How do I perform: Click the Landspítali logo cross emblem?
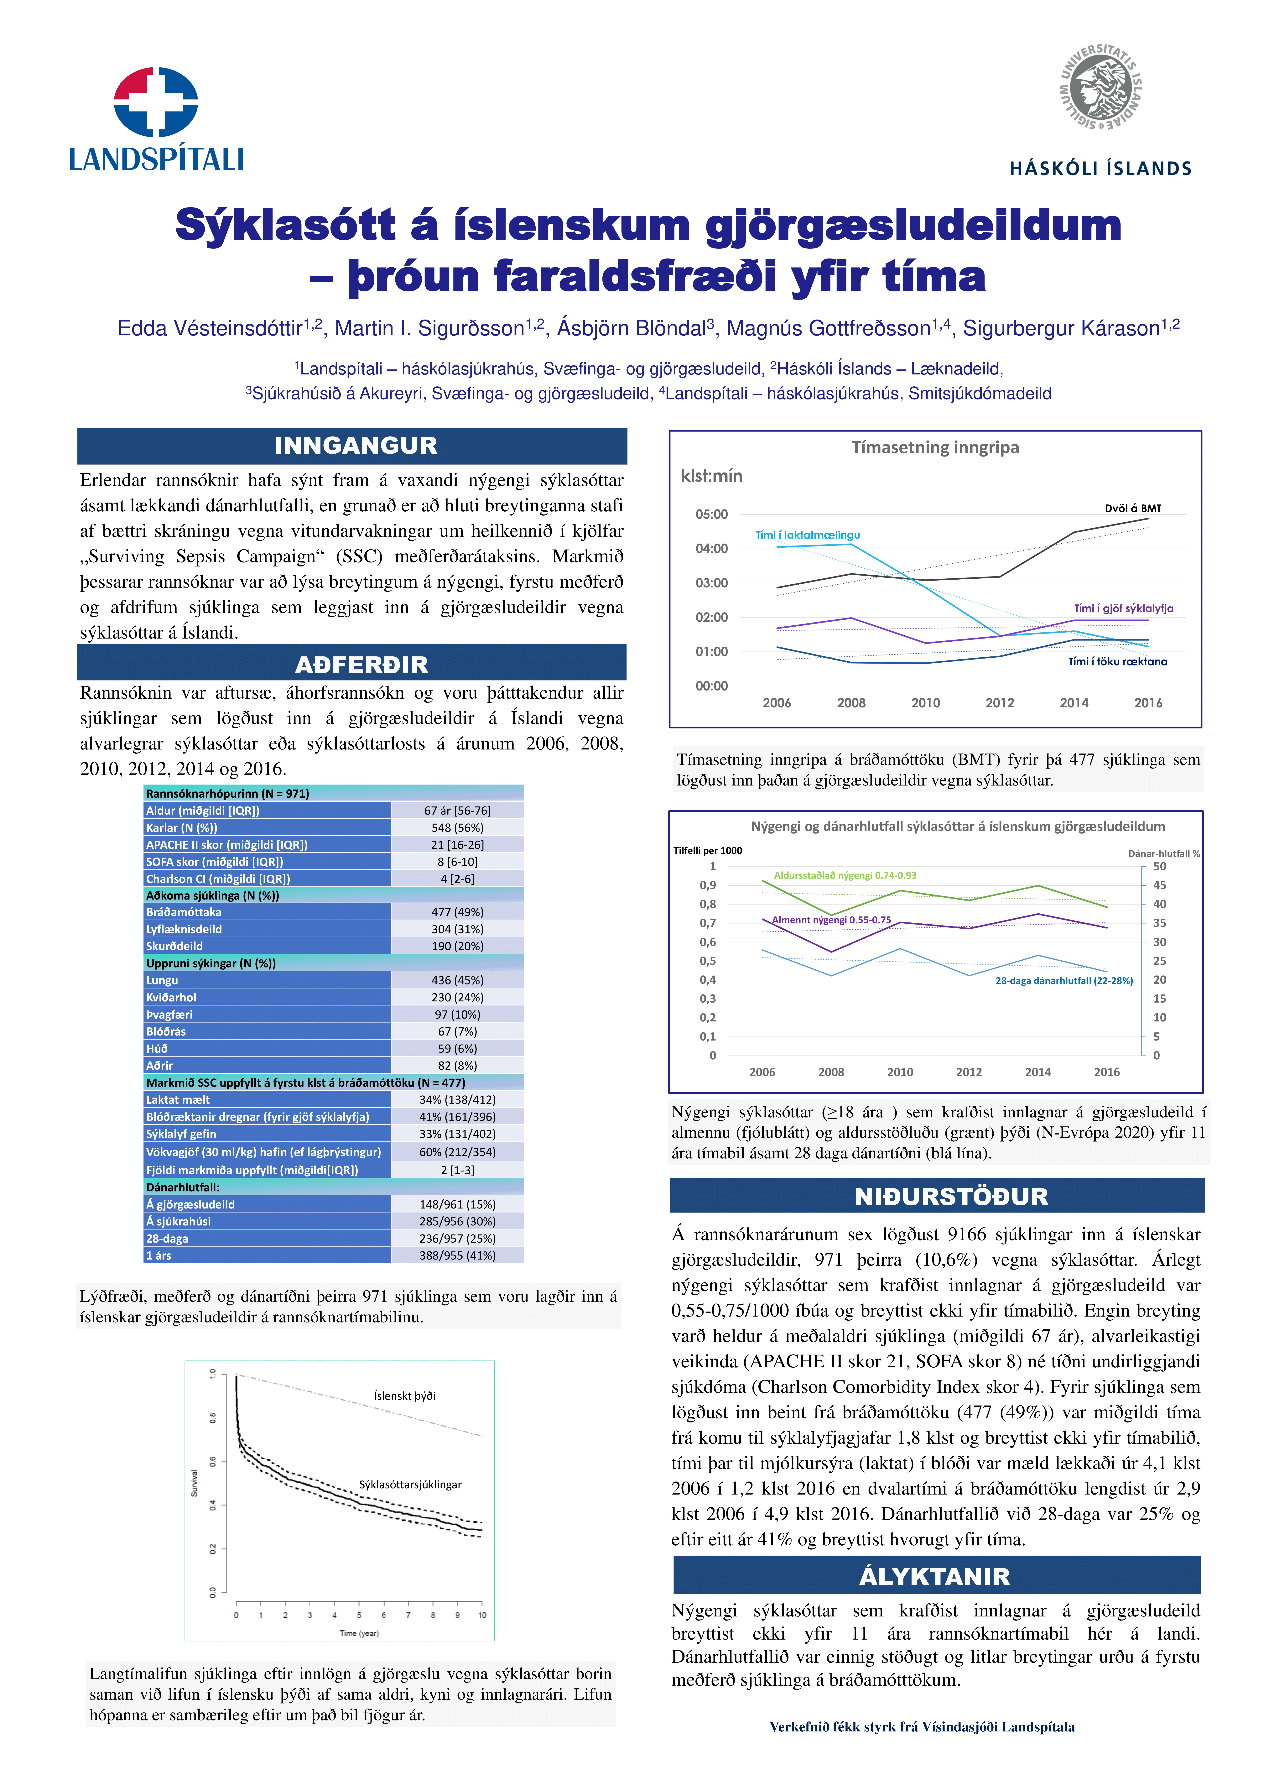[156, 102]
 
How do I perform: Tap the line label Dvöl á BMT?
[1132, 508]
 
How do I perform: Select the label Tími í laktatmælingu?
[807, 535]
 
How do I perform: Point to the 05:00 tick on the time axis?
[711, 514]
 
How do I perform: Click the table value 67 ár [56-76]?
[457, 810]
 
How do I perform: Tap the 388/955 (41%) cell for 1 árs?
[457, 1255]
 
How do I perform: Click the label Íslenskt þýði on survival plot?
[405, 1396]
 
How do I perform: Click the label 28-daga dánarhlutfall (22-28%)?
[1064, 980]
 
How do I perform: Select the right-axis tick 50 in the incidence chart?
[1159, 867]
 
